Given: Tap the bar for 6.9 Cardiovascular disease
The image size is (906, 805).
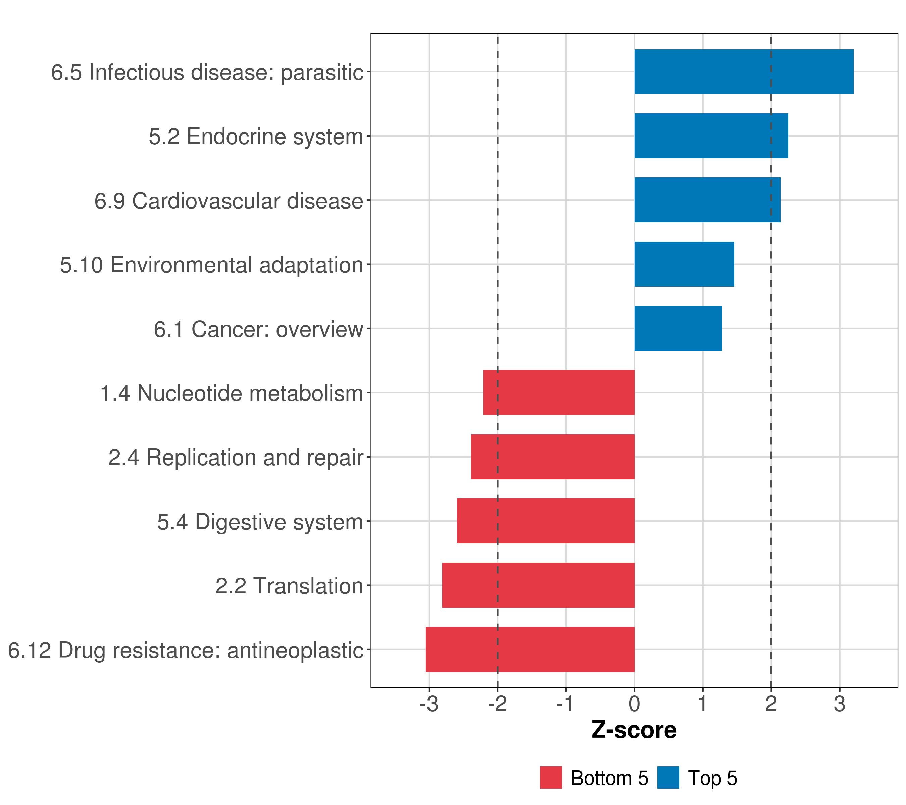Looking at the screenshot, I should [x=707, y=200].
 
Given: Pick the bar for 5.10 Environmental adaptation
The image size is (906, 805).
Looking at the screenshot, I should [x=684, y=265].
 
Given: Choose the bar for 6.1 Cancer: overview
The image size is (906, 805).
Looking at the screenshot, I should [x=678, y=328].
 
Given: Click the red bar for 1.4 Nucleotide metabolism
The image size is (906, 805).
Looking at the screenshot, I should [x=558, y=392].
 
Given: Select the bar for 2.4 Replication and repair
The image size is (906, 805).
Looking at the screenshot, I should [x=552, y=457].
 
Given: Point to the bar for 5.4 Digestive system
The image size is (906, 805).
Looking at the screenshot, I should [x=545, y=521].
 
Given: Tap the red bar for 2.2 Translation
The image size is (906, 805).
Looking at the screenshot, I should [x=538, y=585].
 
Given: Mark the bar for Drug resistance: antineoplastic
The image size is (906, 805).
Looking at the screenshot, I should [x=530, y=649].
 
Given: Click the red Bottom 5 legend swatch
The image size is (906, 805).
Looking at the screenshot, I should [x=551, y=777].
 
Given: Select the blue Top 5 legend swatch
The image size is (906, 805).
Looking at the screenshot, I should [x=668, y=777].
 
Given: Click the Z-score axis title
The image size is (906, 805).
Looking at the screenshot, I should [x=634, y=730].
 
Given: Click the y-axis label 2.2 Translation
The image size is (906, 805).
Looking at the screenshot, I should [x=289, y=586].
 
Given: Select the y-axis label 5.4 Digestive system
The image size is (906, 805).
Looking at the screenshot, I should [x=260, y=522].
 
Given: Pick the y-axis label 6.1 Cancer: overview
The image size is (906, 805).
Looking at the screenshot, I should [x=258, y=329].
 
